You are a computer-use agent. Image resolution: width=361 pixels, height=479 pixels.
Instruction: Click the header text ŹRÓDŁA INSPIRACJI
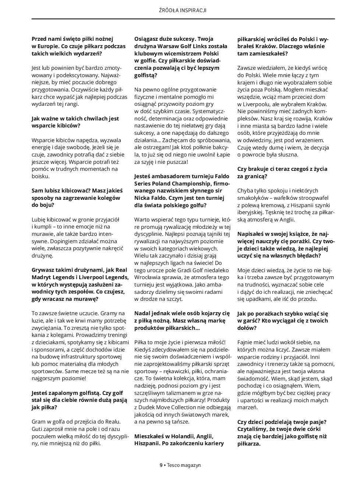coord(180,10)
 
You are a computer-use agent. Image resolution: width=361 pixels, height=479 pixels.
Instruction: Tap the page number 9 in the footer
coord(161,465)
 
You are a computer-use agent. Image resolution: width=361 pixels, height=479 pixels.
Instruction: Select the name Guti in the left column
coord(38,429)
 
